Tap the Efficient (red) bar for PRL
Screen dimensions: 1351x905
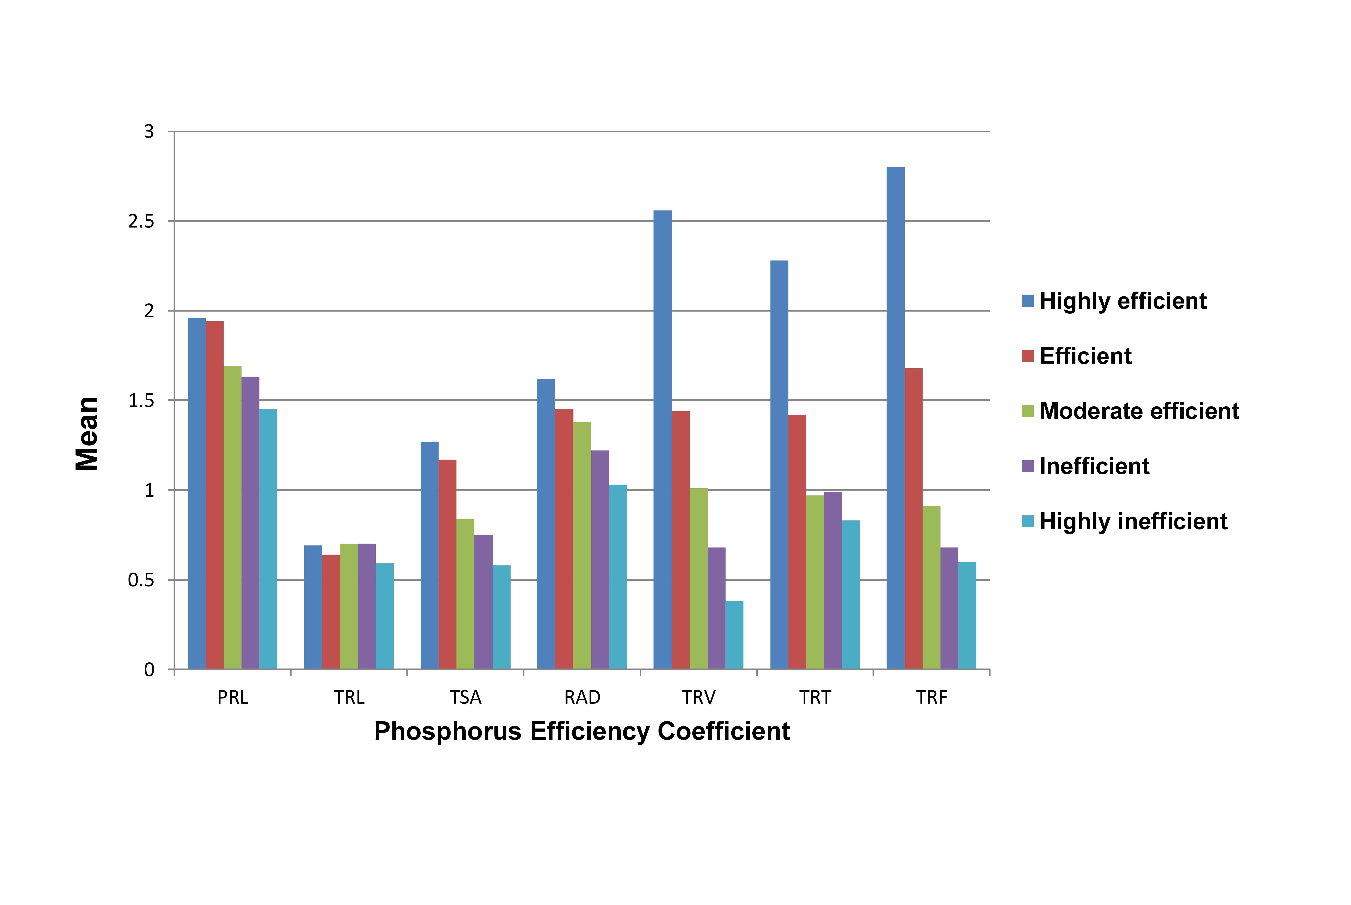pos(215,495)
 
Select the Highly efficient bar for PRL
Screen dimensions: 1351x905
pos(197,493)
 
